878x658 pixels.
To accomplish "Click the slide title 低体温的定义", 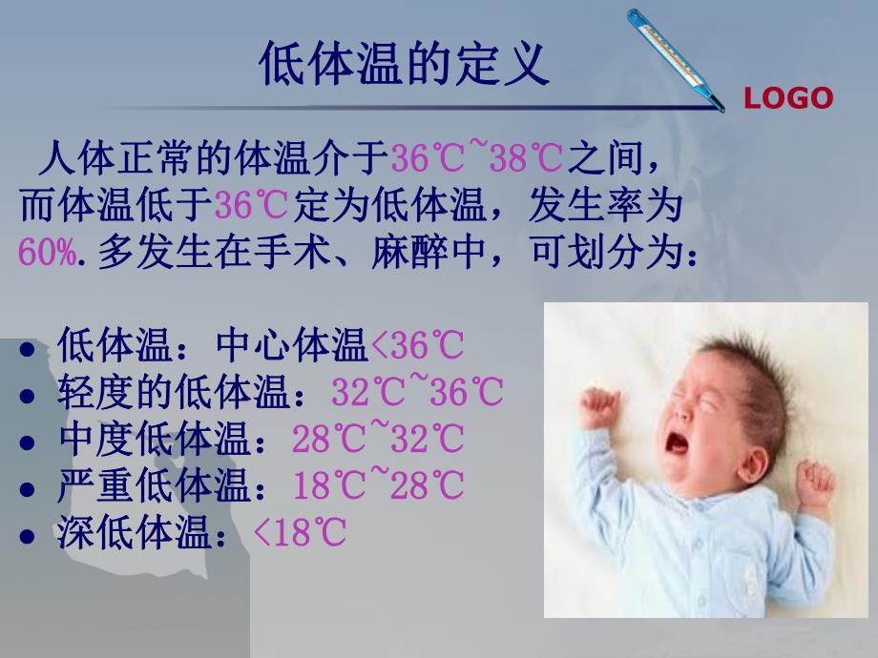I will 405,65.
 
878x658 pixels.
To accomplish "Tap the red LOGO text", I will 788,98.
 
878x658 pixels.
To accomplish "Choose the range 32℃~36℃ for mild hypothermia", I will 417,392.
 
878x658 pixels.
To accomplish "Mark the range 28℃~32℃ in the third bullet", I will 378,440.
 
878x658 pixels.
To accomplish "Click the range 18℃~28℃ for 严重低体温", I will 378,486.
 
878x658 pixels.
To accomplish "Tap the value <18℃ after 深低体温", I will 299,534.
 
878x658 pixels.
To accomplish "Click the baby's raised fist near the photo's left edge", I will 598,407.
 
